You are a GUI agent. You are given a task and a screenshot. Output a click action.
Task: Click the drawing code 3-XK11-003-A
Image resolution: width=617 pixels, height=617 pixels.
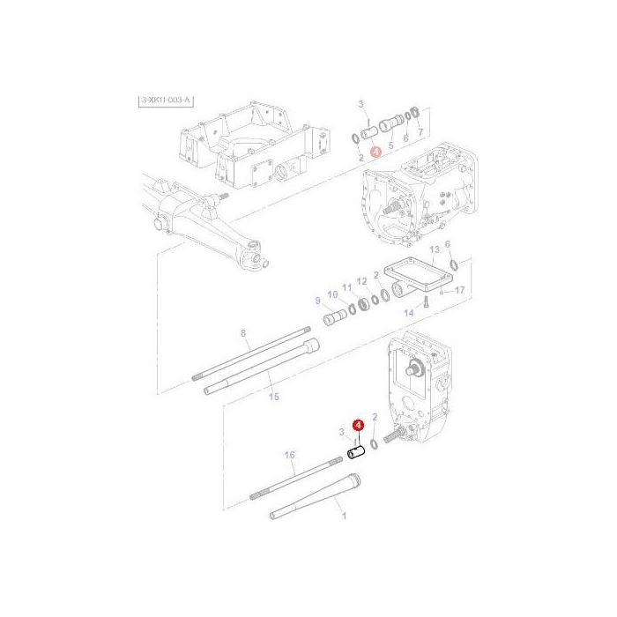tap(165, 102)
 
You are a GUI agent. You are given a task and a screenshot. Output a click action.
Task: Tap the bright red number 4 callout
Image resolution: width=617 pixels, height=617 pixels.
tap(358, 425)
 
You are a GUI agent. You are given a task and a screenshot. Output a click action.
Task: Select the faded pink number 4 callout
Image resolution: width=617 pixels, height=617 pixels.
tap(376, 152)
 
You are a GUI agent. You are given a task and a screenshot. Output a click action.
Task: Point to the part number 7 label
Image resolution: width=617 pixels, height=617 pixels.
tap(420, 132)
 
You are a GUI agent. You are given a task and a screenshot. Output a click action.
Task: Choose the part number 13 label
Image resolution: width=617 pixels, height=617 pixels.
tap(434, 249)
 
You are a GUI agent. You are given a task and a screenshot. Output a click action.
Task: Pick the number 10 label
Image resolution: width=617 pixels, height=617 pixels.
tap(331, 294)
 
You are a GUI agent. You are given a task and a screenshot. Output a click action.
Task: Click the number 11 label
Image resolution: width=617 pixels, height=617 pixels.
tap(346, 287)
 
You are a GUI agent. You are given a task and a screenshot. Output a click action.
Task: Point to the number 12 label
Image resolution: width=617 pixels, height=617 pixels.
tap(361, 281)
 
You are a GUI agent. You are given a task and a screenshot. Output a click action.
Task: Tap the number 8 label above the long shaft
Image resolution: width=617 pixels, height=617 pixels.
tap(244, 332)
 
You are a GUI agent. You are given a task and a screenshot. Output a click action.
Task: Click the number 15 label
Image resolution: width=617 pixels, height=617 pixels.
tap(273, 397)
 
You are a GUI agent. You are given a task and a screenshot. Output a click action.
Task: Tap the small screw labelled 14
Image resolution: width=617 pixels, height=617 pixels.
tap(423, 301)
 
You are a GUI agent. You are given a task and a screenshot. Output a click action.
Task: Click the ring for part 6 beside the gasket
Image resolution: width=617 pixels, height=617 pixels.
tap(453, 265)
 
